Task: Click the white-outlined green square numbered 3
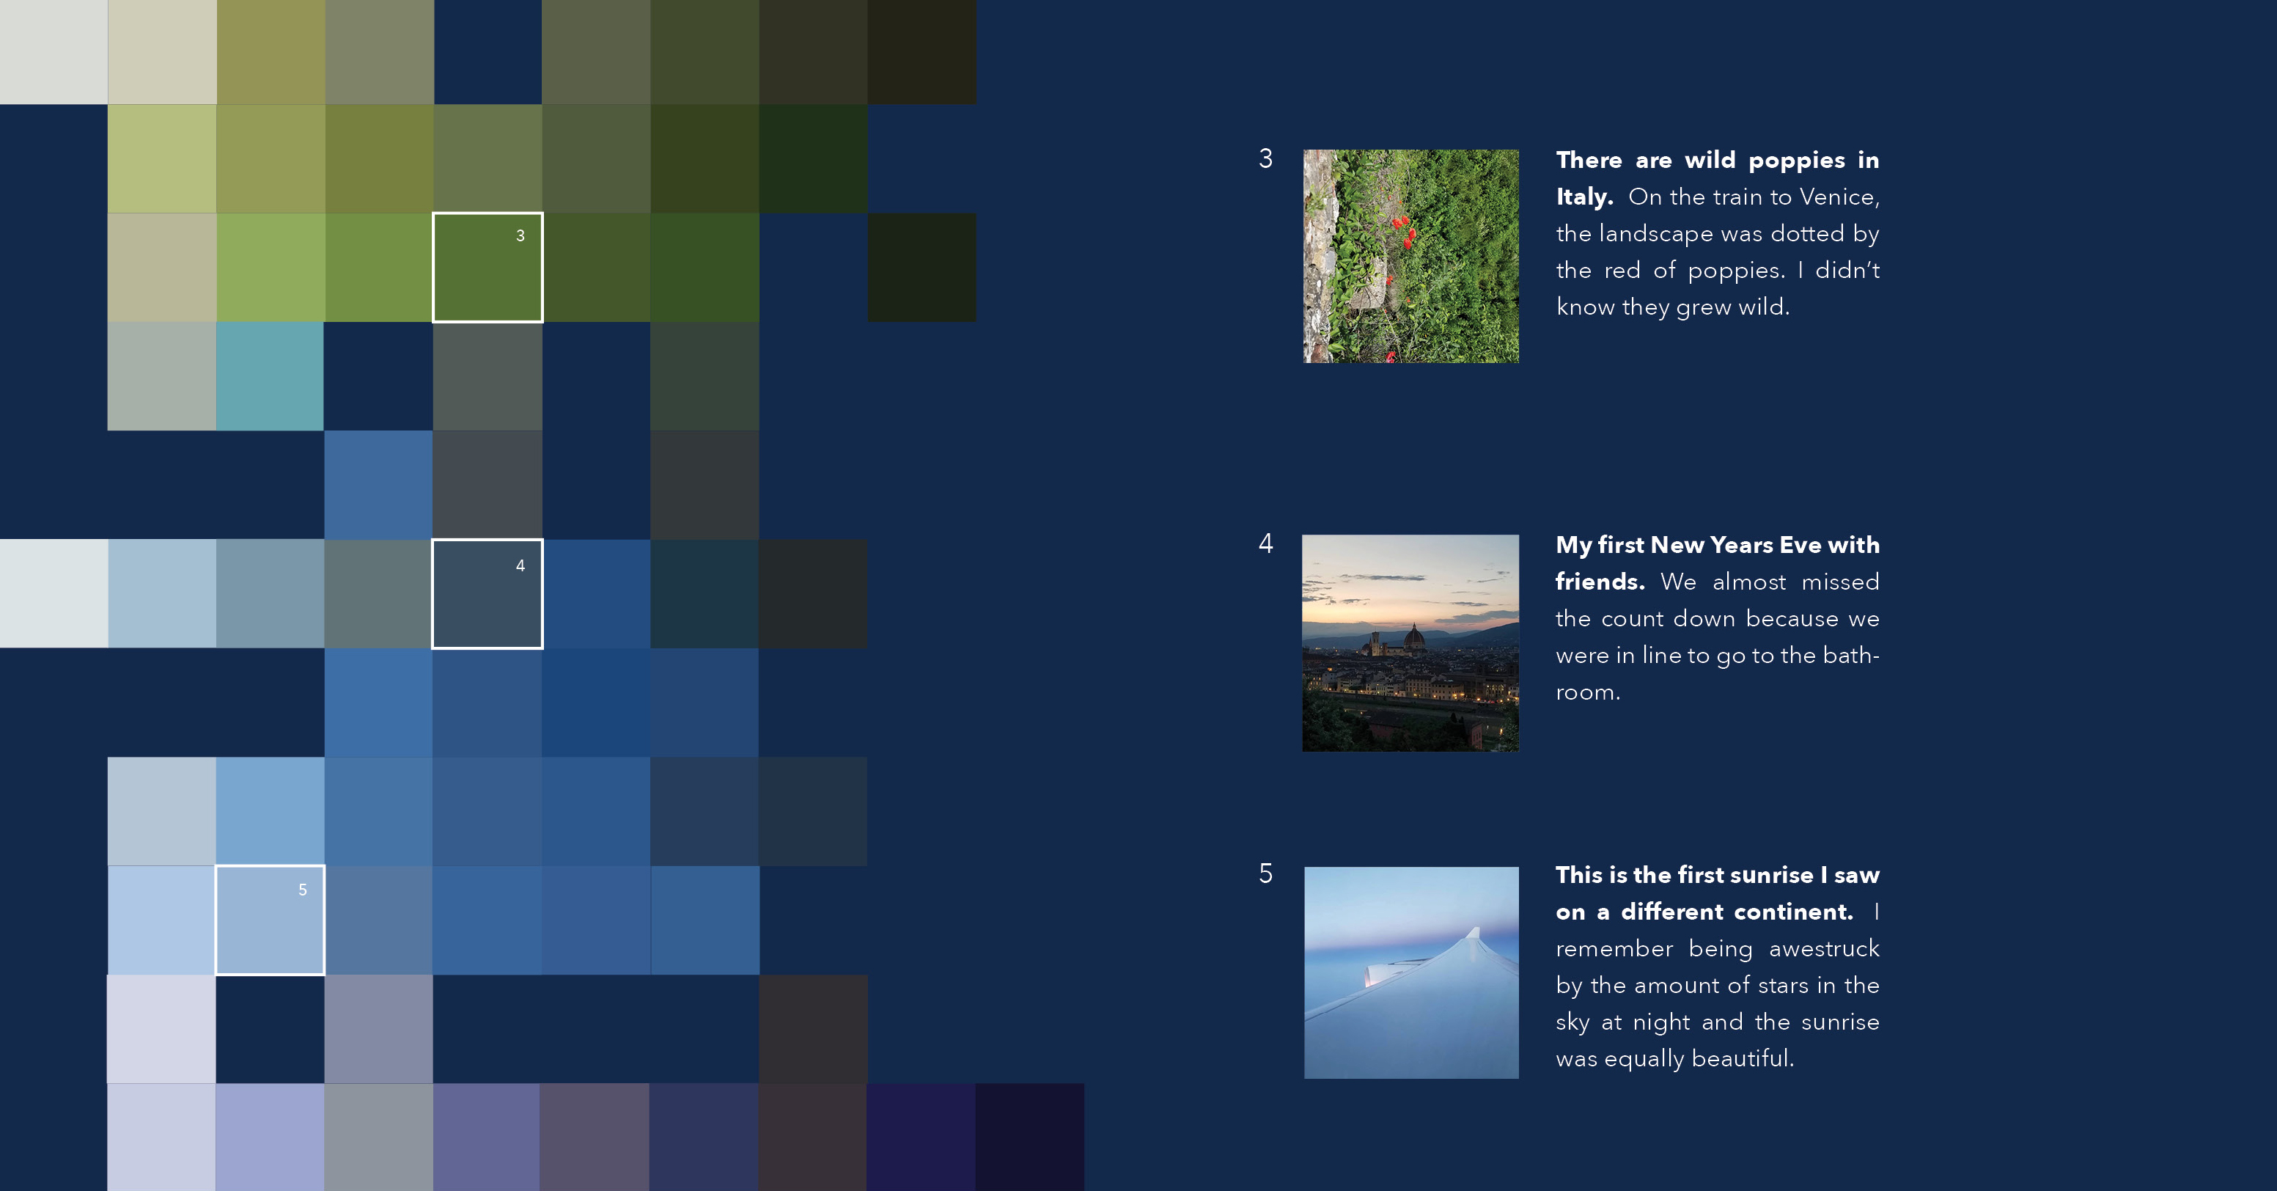click(487, 267)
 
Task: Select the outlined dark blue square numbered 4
click(487, 593)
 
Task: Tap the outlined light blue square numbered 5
click(271, 920)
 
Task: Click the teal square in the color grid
click(270, 375)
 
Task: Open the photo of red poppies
click(1410, 255)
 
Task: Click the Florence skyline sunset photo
click(1410, 643)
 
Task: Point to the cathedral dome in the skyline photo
click(1413, 637)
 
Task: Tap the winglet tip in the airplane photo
click(1474, 930)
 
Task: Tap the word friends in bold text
click(1600, 582)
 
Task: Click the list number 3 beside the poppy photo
click(1266, 158)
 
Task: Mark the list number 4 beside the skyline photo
click(1266, 543)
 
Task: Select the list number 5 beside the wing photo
click(1266, 873)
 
